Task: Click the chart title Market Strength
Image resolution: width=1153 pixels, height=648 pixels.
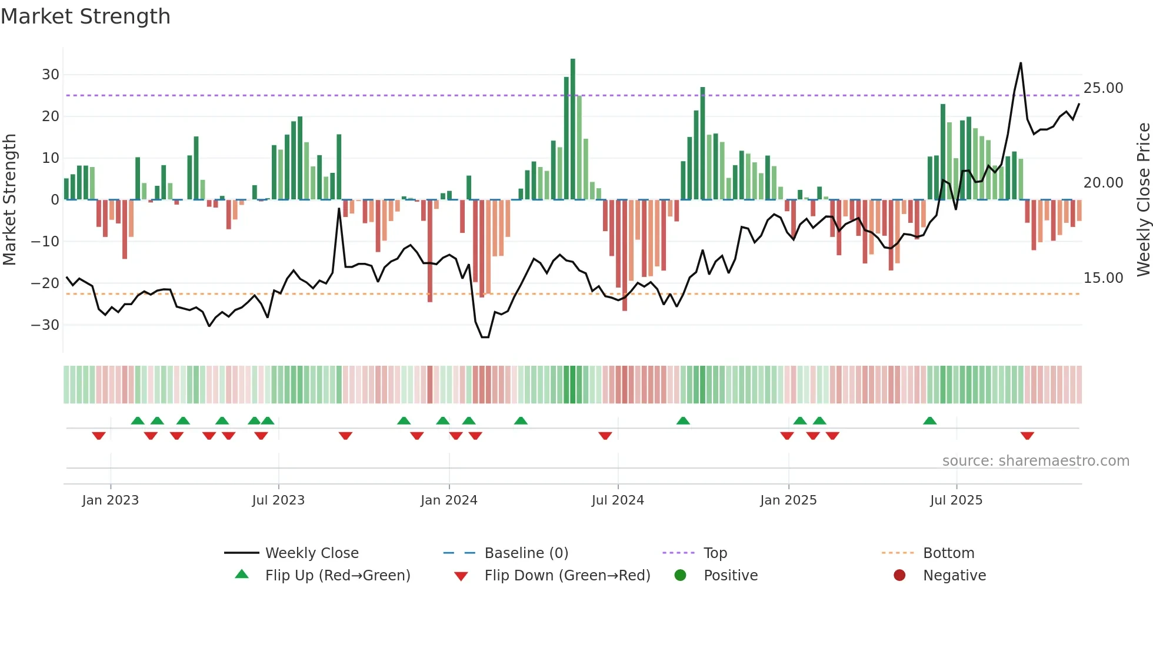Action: pos(85,16)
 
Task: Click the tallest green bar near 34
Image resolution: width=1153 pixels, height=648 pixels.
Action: pos(572,129)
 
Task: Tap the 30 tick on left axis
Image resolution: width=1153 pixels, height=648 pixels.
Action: pos(51,75)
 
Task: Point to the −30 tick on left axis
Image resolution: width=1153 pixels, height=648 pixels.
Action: pos(45,325)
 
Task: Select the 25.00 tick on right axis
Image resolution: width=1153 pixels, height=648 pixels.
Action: pos(1103,88)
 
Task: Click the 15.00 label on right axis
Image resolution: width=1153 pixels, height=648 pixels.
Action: pos(1103,278)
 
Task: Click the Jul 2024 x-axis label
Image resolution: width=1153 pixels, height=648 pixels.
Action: pos(617,500)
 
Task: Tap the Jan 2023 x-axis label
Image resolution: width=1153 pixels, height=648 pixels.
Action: pos(110,500)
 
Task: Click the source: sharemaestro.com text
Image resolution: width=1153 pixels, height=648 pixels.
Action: pos(1035,461)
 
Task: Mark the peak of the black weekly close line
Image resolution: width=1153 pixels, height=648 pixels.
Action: pos(1021,63)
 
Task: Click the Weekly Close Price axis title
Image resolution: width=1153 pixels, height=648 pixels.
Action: pos(1143,200)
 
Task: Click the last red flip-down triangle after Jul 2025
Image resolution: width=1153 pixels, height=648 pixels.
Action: pos(1027,436)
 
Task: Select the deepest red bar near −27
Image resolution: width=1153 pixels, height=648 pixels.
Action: pos(625,256)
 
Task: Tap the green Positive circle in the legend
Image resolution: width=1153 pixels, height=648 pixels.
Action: pos(680,576)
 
